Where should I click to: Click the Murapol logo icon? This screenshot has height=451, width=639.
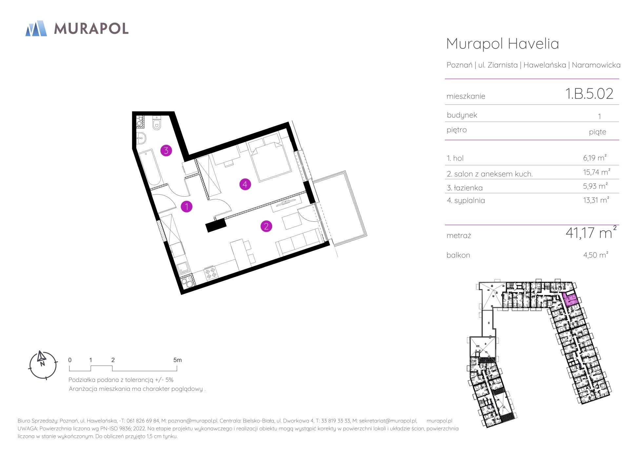[36, 28]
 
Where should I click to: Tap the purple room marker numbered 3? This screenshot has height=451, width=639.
[166, 151]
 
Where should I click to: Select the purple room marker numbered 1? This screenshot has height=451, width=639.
[187, 206]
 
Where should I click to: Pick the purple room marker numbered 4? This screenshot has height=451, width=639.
[245, 184]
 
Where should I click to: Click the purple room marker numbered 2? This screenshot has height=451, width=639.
[266, 226]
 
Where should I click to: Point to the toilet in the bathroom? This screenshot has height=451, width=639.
[157, 123]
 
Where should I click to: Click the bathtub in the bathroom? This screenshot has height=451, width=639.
[150, 168]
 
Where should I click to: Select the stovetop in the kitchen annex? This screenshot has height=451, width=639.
[210, 273]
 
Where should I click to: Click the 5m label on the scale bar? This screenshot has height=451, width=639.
[177, 360]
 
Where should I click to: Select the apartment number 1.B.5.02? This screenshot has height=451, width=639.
[589, 94]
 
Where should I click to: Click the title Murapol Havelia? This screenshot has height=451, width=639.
[503, 44]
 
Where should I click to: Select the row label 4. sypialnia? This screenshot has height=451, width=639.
[466, 200]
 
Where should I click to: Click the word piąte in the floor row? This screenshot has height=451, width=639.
[597, 132]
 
